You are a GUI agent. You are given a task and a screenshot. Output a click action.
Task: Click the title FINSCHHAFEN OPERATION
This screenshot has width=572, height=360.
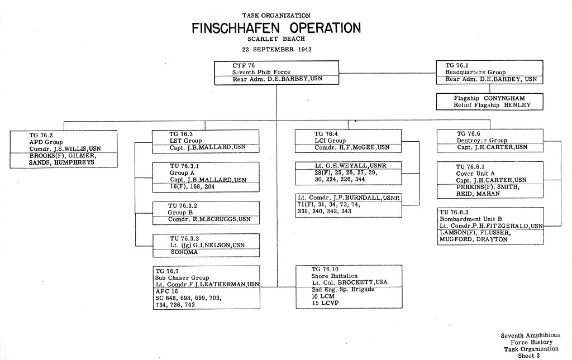(x=276, y=28)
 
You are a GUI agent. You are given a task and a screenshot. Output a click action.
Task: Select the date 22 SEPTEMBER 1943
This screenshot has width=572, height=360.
(x=277, y=49)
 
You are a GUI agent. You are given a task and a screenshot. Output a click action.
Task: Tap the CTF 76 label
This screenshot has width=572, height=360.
(x=244, y=66)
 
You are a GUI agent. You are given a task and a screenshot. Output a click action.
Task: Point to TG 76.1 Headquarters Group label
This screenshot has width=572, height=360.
(x=475, y=69)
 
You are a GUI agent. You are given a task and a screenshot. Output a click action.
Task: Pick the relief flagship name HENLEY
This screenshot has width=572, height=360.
(x=517, y=105)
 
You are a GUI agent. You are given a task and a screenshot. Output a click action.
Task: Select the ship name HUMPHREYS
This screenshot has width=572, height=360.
(x=74, y=162)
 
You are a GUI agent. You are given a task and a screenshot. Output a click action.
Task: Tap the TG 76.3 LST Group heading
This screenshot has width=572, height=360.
(x=185, y=137)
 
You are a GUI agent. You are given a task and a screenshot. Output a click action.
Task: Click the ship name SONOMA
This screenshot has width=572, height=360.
(x=184, y=252)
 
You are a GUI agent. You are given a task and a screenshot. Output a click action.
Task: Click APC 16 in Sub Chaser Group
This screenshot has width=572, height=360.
(x=166, y=291)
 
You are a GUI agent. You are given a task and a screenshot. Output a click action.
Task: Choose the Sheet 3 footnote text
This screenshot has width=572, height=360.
(x=528, y=356)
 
